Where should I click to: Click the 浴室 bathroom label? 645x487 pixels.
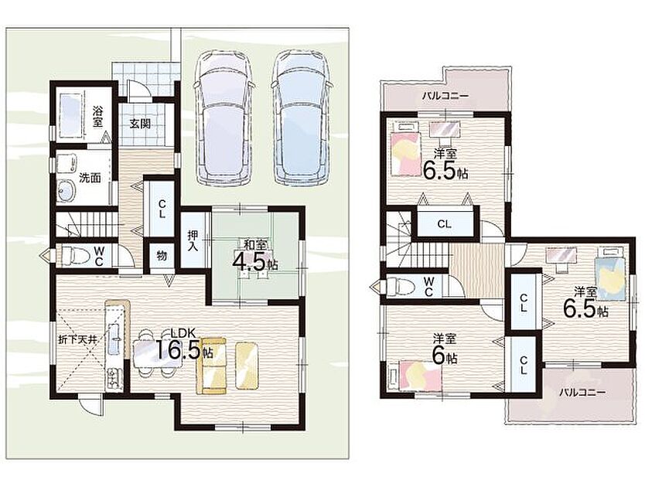click(98, 116)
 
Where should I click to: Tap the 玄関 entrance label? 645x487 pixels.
click(140, 123)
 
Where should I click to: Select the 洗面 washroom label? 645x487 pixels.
click(90, 178)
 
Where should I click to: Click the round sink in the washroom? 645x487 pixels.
click(67, 191)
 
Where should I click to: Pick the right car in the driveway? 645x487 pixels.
click(302, 117)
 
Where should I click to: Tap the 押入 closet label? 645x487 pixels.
click(193, 240)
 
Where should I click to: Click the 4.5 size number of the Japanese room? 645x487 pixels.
click(249, 261)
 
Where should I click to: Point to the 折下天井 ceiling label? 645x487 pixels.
click(77, 340)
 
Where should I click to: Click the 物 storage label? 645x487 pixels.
click(162, 256)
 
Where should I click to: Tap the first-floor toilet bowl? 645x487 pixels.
click(75, 255)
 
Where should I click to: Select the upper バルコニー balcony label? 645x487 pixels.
click(445, 97)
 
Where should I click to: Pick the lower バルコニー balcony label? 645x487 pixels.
click(582, 393)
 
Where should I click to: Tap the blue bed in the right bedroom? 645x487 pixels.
click(611, 273)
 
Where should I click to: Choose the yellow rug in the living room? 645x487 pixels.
click(247, 366)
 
